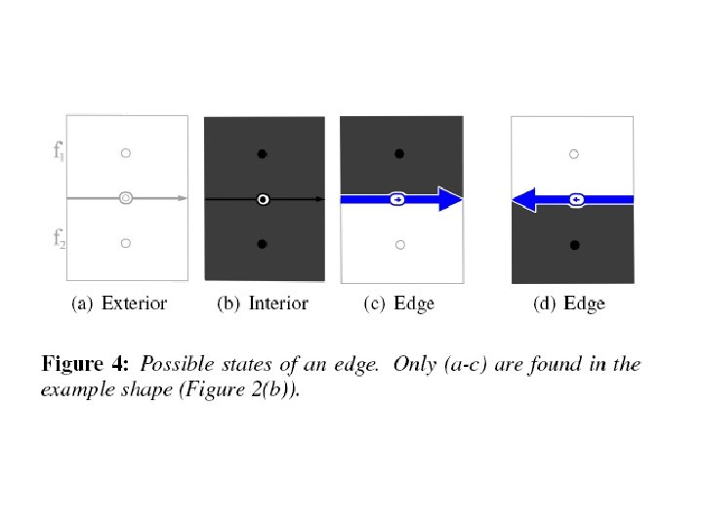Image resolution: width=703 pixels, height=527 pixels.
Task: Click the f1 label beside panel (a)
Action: tap(60, 151)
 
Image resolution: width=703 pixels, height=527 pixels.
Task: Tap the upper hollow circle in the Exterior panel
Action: tap(125, 153)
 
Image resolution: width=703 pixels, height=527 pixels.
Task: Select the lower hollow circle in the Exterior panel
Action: tap(125, 243)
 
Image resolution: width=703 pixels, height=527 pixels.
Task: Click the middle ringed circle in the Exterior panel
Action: tap(125, 198)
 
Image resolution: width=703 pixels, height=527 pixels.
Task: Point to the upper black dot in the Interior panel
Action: tap(262, 154)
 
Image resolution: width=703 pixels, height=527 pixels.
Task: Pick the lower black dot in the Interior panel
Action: tap(262, 243)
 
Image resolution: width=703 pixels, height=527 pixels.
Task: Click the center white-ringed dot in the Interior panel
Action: tap(262, 199)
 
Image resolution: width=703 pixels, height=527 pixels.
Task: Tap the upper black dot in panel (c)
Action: tap(397, 154)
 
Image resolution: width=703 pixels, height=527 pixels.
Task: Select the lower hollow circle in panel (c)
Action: tap(397, 243)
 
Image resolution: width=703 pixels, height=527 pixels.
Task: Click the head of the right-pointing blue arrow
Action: tap(450, 199)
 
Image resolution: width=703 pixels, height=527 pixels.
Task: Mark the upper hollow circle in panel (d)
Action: tap(574, 154)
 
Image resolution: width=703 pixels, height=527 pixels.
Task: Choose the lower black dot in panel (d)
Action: tap(574, 244)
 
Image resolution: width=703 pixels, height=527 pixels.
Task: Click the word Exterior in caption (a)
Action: tap(135, 304)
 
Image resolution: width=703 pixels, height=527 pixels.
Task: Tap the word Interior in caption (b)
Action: tap(278, 304)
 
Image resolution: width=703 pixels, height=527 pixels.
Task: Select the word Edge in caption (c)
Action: tap(413, 304)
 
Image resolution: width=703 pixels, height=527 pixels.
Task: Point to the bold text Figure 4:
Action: tap(85, 365)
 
